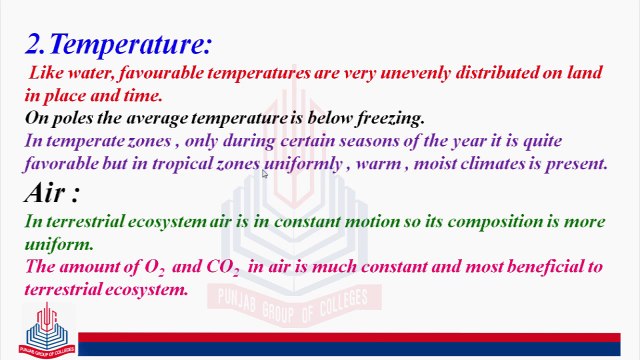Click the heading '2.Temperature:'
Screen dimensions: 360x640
(118, 45)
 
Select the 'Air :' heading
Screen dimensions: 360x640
(52, 191)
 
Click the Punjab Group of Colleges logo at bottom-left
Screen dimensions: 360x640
(47, 331)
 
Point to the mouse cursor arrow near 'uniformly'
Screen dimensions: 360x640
(265, 175)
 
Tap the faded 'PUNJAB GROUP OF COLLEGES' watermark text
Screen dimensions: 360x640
(287, 297)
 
